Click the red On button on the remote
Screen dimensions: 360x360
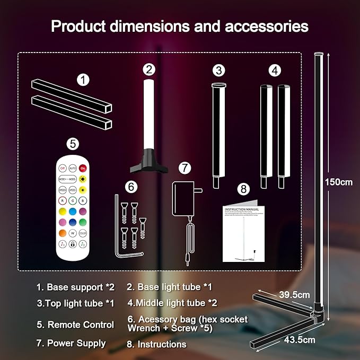83,168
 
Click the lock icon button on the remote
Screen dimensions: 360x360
72,244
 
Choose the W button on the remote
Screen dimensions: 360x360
72,233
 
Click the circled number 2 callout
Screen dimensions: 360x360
150,69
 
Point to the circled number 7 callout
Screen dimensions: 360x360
184,168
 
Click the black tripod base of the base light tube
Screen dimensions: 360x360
149,161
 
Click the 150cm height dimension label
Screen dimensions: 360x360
338,182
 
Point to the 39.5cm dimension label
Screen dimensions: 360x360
294,295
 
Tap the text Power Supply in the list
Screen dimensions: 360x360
76,343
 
